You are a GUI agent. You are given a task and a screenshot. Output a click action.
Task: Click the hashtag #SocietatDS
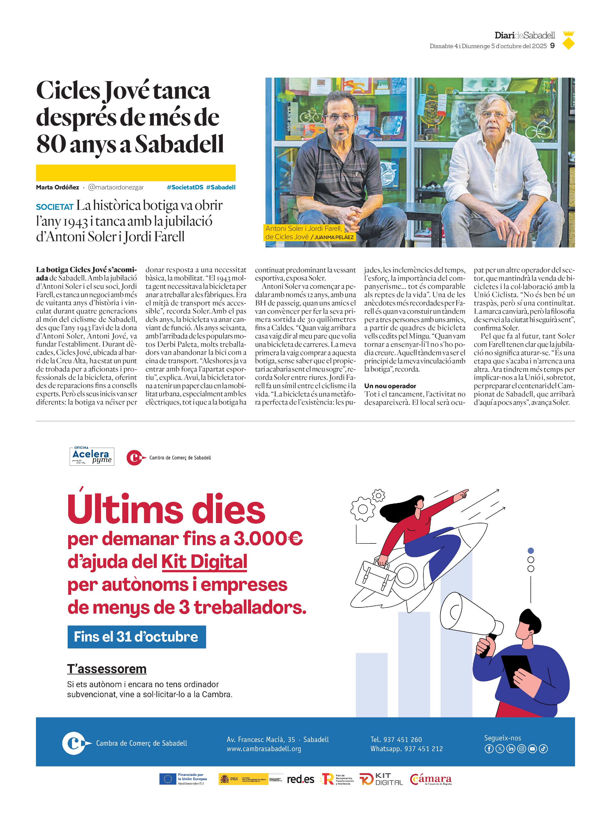(185, 187)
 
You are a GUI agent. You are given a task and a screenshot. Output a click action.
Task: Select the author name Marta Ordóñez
(57, 187)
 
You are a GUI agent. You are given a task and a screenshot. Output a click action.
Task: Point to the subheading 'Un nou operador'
(390, 386)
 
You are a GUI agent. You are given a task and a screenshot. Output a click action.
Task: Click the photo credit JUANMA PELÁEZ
(334, 237)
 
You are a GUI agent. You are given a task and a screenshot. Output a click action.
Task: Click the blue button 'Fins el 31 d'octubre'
(136, 637)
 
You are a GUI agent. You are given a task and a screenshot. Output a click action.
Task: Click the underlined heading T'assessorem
(107, 669)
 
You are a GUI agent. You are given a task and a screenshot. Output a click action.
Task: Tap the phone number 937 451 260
(402, 740)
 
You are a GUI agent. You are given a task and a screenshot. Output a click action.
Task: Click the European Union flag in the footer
(168, 779)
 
